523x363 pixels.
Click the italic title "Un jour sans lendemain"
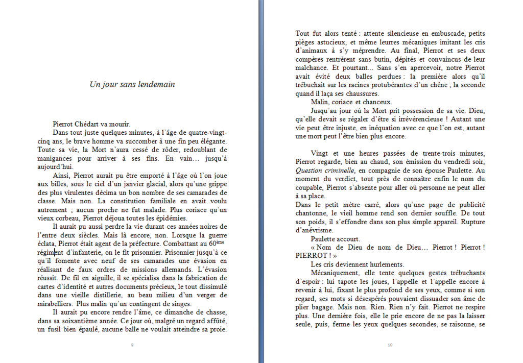click(x=132, y=84)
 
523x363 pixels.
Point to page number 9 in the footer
click(x=132, y=346)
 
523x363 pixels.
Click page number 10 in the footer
click(x=390, y=346)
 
